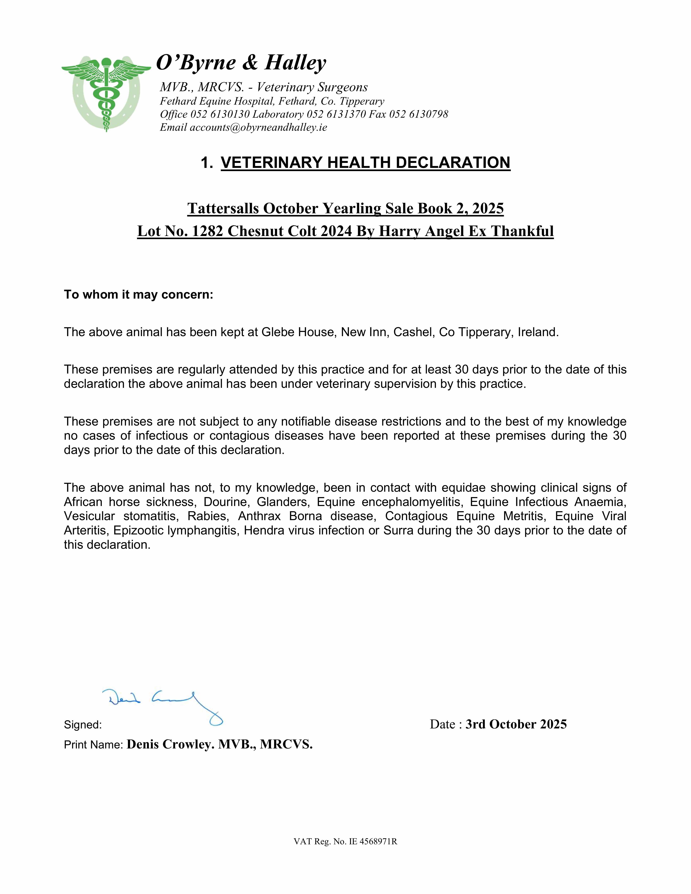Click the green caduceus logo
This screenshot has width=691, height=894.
pyautogui.click(x=106, y=93)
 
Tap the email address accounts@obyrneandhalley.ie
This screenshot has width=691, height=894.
pyautogui.click(x=258, y=127)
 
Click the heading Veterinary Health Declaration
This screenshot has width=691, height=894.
pyautogui.click(x=365, y=163)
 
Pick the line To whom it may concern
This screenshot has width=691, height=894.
pyautogui.click(x=138, y=295)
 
